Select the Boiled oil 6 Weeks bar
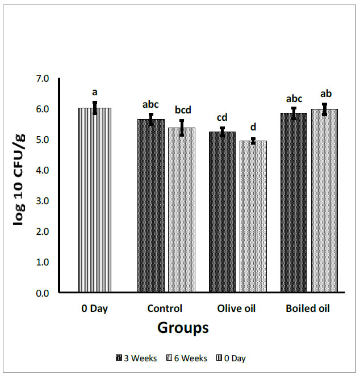click(324, 201)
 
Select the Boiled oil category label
click(308, 309)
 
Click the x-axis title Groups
click(183, 328)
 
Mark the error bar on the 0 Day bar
click(95, 108)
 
